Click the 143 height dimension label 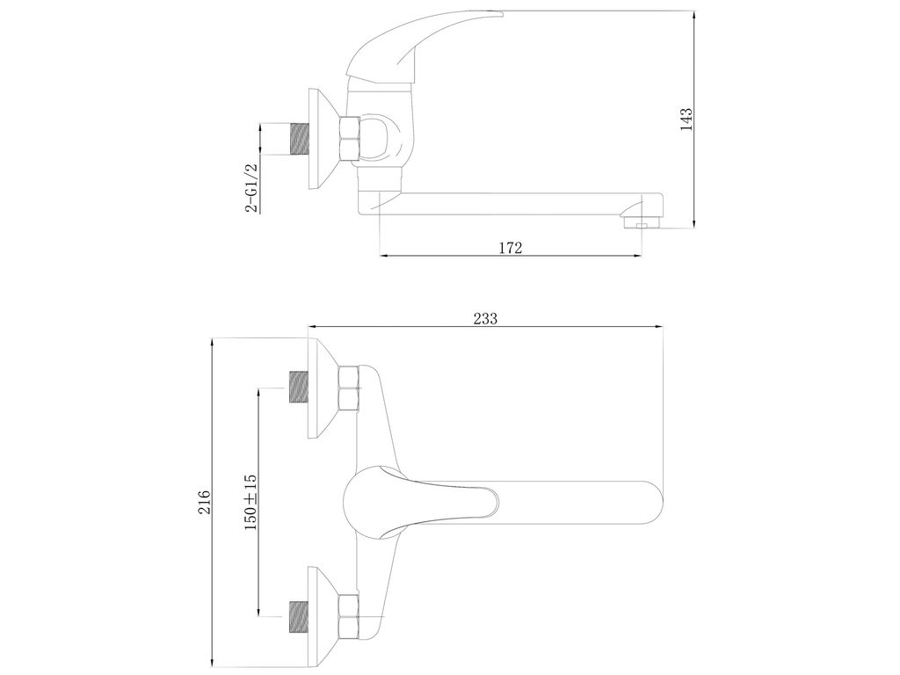coord(686,120)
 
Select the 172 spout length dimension coord(511,248)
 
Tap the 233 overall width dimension coord(485,318)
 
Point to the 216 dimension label coord(204,502)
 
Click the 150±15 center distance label coord(250,502)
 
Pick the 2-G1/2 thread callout coord(252,188)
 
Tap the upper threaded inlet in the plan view coord(298,388)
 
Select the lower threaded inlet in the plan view coord(298,617)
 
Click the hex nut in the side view coord(350,139)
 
